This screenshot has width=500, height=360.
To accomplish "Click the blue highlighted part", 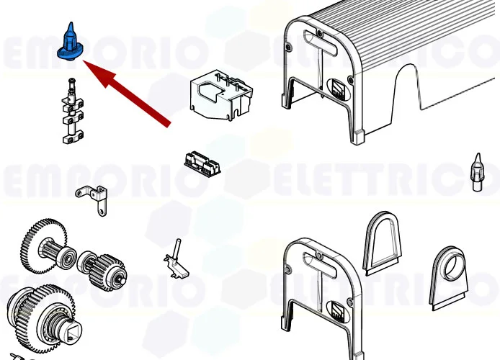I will [70, 42].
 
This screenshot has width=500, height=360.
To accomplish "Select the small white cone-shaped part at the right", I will [476, 171].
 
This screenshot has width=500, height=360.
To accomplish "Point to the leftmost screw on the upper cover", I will [289, 48].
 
